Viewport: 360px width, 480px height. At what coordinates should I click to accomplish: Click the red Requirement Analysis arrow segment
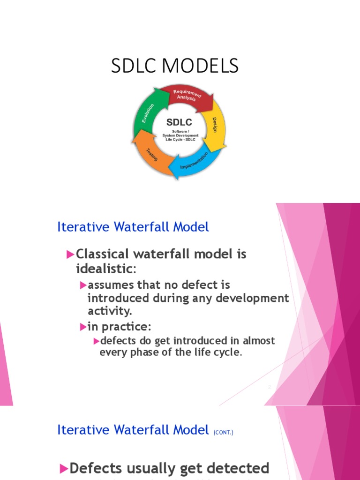185,97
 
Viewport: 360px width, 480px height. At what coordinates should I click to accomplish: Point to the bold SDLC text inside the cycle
180,123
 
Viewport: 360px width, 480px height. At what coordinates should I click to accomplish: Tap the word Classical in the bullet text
102,254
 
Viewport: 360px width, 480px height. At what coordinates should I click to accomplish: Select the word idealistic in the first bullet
105,269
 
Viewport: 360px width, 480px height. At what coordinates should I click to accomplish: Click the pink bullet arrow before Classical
70,255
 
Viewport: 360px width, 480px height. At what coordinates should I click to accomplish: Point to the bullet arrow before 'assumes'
83,285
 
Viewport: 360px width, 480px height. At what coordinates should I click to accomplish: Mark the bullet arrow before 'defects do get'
96,340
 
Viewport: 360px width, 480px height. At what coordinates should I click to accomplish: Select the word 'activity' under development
105,311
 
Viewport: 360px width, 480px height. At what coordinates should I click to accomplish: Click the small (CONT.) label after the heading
223,432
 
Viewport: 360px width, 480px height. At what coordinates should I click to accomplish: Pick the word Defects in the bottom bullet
96,468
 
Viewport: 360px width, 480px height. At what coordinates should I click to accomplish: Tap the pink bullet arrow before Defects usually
64,468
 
